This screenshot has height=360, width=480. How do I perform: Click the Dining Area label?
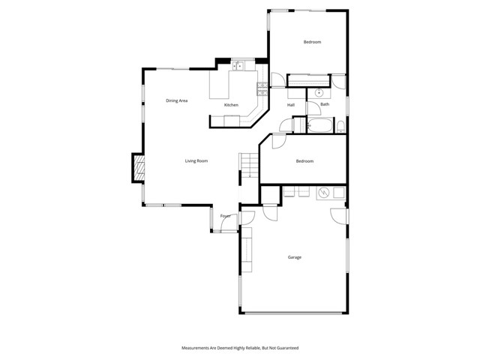pos(176,100)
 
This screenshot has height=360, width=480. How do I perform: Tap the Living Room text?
pos(196,161)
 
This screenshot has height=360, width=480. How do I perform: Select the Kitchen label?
pos(231,105)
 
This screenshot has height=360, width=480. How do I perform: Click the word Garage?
pos(295,257)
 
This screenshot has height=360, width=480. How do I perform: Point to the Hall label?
pos(290,105)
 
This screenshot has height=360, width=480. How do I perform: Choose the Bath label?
pos(325,104)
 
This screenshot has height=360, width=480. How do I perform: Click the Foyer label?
pos(225,217)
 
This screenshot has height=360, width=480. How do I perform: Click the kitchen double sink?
pos(239,66)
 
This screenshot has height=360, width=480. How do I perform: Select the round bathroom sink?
pos(319,94)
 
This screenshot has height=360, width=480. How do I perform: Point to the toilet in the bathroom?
pos(340,124)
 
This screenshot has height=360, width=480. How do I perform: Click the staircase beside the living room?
pos(248,166)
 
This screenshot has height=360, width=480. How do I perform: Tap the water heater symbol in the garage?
pos(324,193)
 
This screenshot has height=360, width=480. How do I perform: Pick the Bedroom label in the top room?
pos(312,42)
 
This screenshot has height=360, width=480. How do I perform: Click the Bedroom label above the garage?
pos(304,161)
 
